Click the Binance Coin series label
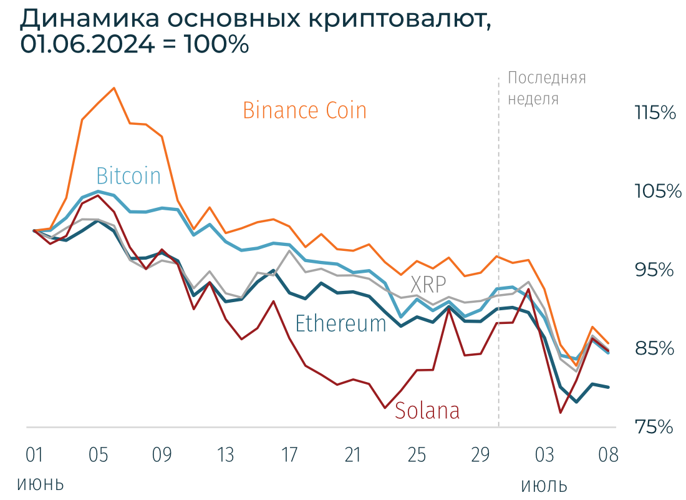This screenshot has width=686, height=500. [304, 110]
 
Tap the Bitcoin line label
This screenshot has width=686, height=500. [128, 176]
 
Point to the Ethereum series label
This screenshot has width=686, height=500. [341, 323]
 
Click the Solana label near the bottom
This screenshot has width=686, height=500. [427, 410]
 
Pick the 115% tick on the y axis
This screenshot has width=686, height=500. [655, 114]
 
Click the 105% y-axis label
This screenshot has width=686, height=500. [657, 192]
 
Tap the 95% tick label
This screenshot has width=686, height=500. [655, 270]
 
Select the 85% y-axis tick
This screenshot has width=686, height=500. [655, 348]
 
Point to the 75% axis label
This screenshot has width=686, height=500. [655, 427]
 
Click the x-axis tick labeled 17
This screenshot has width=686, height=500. [289, 454]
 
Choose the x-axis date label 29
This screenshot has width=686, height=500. [480, 454]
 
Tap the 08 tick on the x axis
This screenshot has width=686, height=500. [607, 454]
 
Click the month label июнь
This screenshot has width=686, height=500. [41, 484]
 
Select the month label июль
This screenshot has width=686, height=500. [544, 485]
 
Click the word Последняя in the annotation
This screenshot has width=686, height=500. [547, 79]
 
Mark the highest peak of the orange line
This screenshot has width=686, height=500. [114, 88]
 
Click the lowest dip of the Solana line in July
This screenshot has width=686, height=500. [561, 413]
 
